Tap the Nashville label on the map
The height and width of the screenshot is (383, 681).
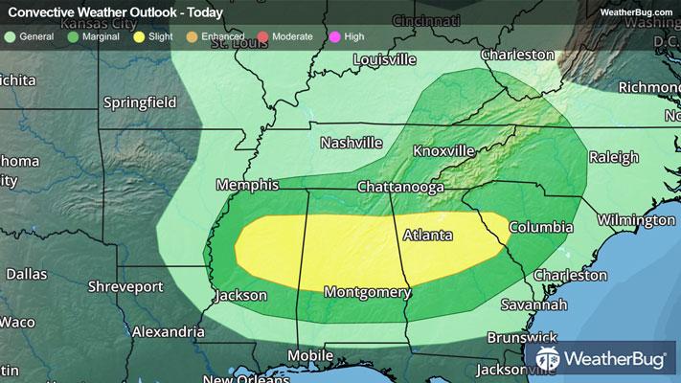coord(352,143)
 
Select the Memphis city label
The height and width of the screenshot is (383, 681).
coord(247,185)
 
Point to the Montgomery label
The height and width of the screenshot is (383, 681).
coord(367,291)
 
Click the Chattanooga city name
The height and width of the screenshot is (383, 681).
coord(400,188)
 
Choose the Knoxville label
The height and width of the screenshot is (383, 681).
coord(443,151)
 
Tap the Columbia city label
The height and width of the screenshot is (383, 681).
coord(540,228)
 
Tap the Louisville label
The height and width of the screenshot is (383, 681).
coord(384,59)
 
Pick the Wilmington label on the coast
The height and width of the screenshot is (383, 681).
coord(631,220)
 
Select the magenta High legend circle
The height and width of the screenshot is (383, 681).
coord(334,36)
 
